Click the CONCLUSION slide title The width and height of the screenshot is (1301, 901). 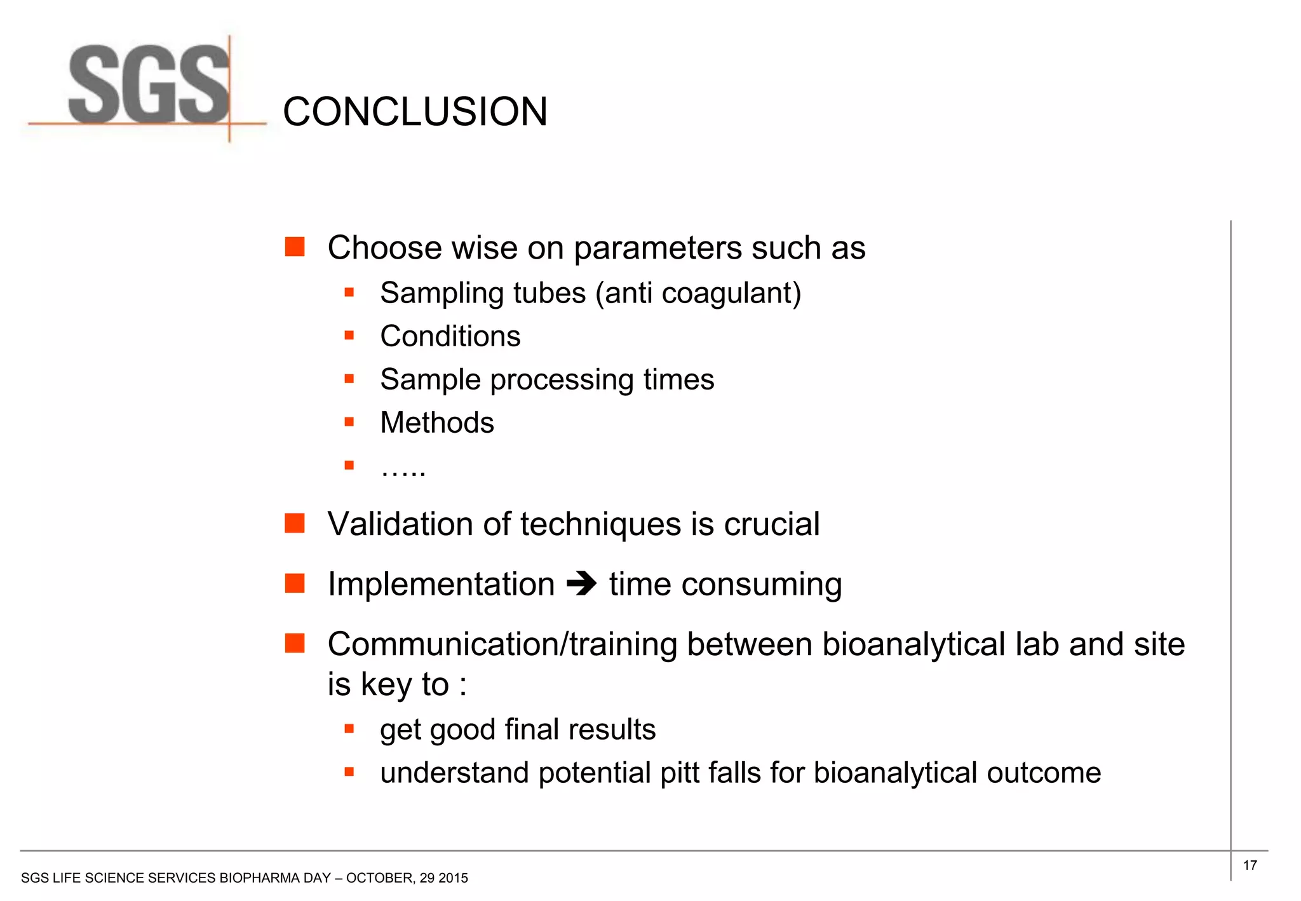click(415, 112)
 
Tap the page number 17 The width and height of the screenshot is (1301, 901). click(1250, 865)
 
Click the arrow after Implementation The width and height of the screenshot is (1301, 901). click(581, 584)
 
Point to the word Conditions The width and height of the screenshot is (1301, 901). click(450, 336)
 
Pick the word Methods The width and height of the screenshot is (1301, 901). click(436, 423)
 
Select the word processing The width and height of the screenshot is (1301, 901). click(562, 380)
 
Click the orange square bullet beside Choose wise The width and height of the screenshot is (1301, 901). click(295, 247)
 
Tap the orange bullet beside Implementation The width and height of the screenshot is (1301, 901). click(295, 583)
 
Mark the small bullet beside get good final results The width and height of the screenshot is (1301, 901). click(349, 729)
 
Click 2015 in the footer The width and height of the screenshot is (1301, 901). click(453, 878)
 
